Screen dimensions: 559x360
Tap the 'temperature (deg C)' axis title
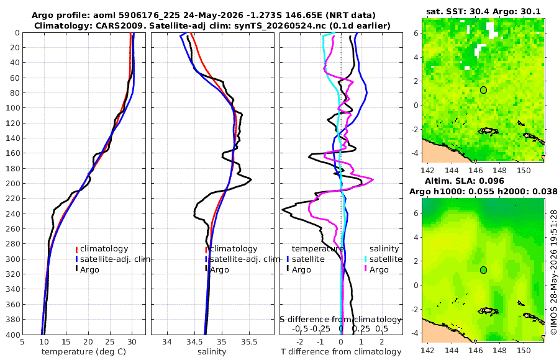pos(84,352)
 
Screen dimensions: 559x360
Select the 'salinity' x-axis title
pos(212,352)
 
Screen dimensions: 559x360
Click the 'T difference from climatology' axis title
pos(341,352)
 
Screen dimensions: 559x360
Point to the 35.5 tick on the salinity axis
pos(249,342)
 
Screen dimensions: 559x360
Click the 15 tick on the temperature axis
pos(66,342)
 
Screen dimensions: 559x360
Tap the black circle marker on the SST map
pos(483,90)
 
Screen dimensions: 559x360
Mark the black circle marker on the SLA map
pos(483,270)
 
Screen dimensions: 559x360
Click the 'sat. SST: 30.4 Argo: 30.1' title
pos(483,11)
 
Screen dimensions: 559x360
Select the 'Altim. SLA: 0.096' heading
pos(465,181)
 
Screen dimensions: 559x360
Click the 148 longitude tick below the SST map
pos(500,170)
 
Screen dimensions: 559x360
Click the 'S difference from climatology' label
pos(340,319)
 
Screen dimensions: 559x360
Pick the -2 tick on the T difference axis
pos(299,342)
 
